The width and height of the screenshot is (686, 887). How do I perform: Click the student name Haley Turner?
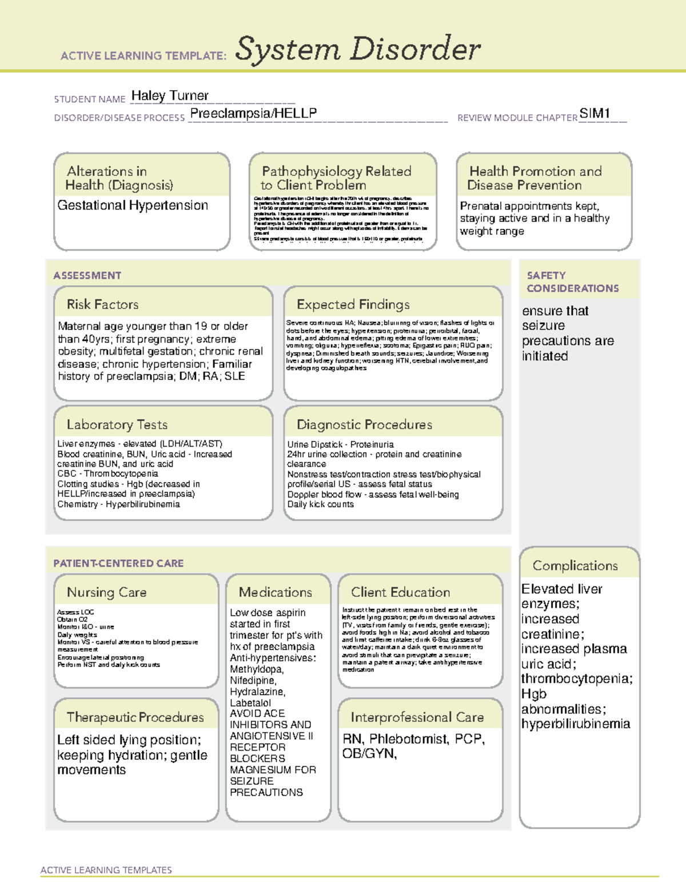tap(170, 96)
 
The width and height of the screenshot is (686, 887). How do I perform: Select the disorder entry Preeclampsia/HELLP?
tap(253, 114)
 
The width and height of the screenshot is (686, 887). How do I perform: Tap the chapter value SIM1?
tap(595, 114)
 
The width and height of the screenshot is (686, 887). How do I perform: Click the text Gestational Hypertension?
tap(133, 206)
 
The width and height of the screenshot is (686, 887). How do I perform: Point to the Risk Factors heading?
tap(102, 304)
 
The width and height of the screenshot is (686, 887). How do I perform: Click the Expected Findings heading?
tap(353, 304)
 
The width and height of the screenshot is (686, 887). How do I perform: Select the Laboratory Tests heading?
tap(117, 424)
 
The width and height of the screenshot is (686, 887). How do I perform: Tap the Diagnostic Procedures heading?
tap(364, 424)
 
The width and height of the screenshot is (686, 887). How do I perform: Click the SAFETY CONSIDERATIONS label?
tap(572, 282)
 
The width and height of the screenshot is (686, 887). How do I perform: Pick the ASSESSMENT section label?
tap(87, 276)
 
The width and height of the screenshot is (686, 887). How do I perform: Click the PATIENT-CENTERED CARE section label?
tap(118, 563)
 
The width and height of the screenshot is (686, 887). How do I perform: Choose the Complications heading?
tap(575, 565)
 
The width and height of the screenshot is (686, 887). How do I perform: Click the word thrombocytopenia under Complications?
tap(576, 679)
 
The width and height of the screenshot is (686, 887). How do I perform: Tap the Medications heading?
tap(276, 592)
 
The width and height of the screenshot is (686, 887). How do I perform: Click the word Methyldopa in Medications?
tap(256, 669)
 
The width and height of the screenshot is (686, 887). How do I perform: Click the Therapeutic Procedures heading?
tap(135, 717)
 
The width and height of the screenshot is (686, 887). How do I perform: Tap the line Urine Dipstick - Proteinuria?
tap(340, 444)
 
